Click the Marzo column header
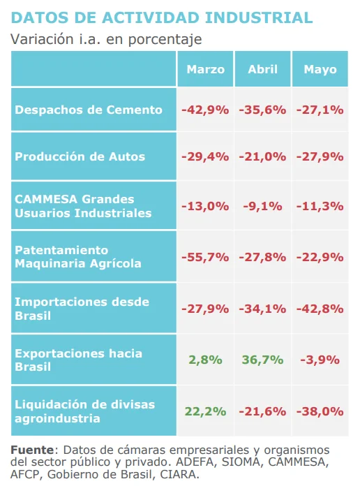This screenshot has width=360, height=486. coord(206,69)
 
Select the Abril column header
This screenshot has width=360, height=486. coord(262,69)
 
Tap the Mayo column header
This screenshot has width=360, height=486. coord(320,69)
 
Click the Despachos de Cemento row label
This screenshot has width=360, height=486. coord(89,110)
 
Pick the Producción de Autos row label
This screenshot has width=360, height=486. coord(80,156)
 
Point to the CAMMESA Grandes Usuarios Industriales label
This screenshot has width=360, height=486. coord(83,206)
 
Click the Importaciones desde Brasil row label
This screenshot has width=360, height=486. coord(82,308)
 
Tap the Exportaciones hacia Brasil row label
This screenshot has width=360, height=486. coord(78,360)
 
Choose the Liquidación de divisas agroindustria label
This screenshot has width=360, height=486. coord(84,411)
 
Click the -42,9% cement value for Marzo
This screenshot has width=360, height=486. coord(205,110)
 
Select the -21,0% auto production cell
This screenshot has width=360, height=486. coord(262,156)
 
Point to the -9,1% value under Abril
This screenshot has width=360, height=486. coord(262,206)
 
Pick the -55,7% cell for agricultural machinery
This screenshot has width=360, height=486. coord(205,256)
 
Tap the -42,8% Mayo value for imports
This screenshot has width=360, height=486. coord(320,308)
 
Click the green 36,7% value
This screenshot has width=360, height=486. coord(262,360)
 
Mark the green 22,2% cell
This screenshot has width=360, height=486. coord(205,411)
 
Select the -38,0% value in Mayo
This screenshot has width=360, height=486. coord(320,411)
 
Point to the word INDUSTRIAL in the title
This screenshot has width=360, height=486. coord(248,17)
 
